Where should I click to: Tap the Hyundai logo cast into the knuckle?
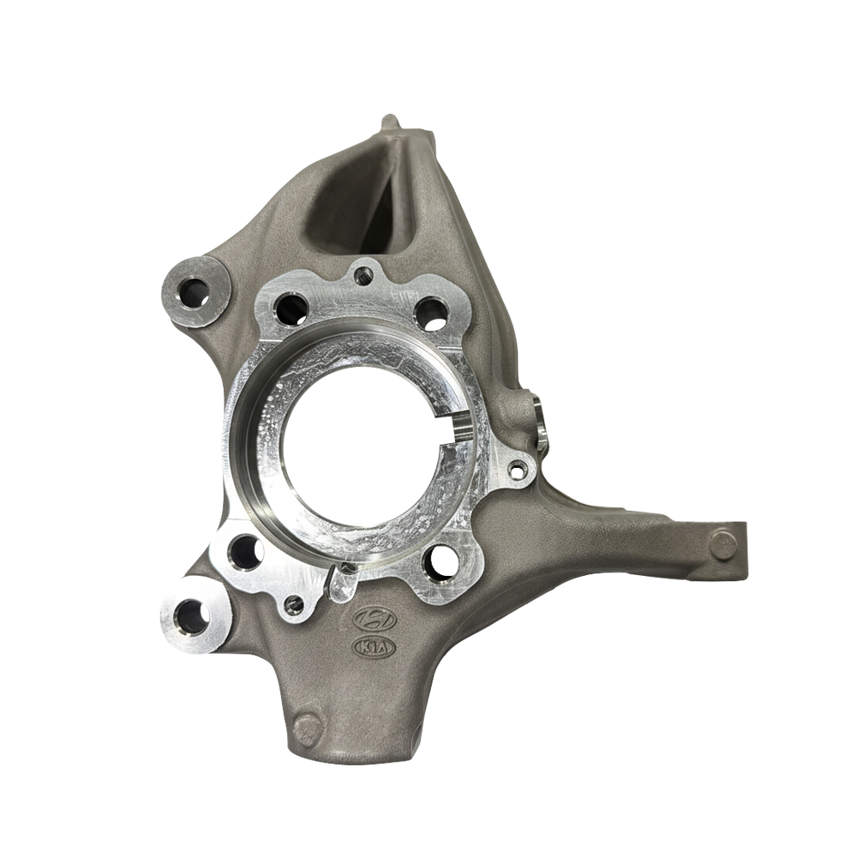coord(375,619)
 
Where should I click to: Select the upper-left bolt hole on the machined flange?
coord(292,309)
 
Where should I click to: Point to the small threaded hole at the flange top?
coord(362,273)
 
